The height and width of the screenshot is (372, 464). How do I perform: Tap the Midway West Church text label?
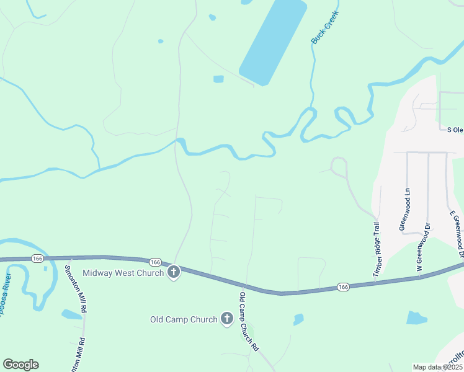click(x=123, y=273)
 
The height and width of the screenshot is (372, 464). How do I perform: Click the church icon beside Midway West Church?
click(x=174, y=272)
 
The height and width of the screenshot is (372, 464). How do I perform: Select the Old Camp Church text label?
click(x=184, y=320)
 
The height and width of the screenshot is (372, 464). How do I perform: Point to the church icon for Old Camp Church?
click(x=228, y=319)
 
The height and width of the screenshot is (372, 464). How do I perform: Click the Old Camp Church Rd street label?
click(x=249, y=322)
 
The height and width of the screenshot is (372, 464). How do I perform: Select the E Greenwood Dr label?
click(x=457, y=234)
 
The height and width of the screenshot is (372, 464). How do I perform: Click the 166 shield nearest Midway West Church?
click(x=155, y=262)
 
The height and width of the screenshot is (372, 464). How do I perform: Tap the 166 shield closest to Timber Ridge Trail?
click(x=343, y=287)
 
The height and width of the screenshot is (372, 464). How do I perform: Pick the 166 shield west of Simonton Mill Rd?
click(x=38, y=258)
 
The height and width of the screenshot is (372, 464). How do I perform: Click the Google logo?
click(x=20, y=365)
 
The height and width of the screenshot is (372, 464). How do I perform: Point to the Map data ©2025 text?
click(x=437, y=367)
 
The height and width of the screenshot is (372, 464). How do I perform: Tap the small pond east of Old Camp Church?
click(x=298, y=319)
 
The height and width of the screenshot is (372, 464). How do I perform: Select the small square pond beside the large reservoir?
click(x=218, y=79)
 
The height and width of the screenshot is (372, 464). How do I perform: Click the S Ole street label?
click(x=455, y=130)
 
